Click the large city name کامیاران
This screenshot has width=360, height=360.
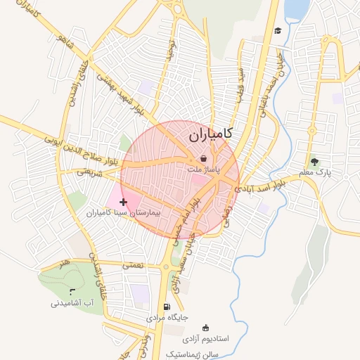211,134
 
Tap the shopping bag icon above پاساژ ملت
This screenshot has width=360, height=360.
203,159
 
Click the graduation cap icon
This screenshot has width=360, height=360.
278,31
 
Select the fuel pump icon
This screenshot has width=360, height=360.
167,307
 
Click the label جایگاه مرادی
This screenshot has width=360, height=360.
167,318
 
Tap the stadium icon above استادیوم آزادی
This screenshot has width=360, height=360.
205,328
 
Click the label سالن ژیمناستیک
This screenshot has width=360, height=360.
194,353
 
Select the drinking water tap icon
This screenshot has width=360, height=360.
70,291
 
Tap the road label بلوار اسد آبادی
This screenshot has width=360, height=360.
260,186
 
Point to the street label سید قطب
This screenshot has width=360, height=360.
240,82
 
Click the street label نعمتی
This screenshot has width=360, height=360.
132,265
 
